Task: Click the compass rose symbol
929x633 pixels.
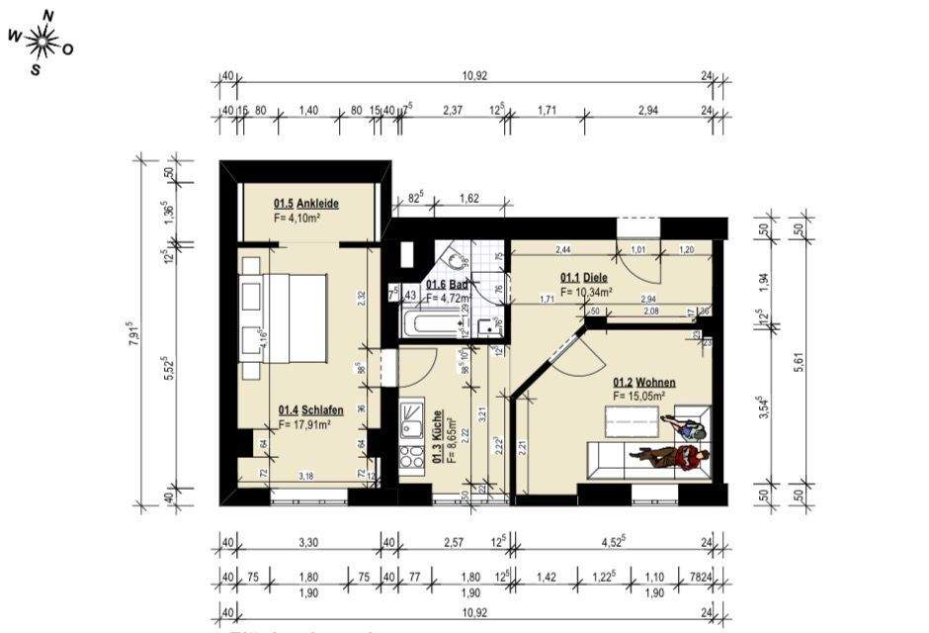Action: [41, 41]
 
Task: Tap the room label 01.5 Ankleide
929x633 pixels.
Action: [305, 204]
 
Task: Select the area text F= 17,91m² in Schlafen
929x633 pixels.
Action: [303, 424]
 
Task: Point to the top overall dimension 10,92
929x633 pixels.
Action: [475, 76]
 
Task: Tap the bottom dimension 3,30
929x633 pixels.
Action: [309, 542]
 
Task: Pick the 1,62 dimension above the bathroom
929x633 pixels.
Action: [469, 199]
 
